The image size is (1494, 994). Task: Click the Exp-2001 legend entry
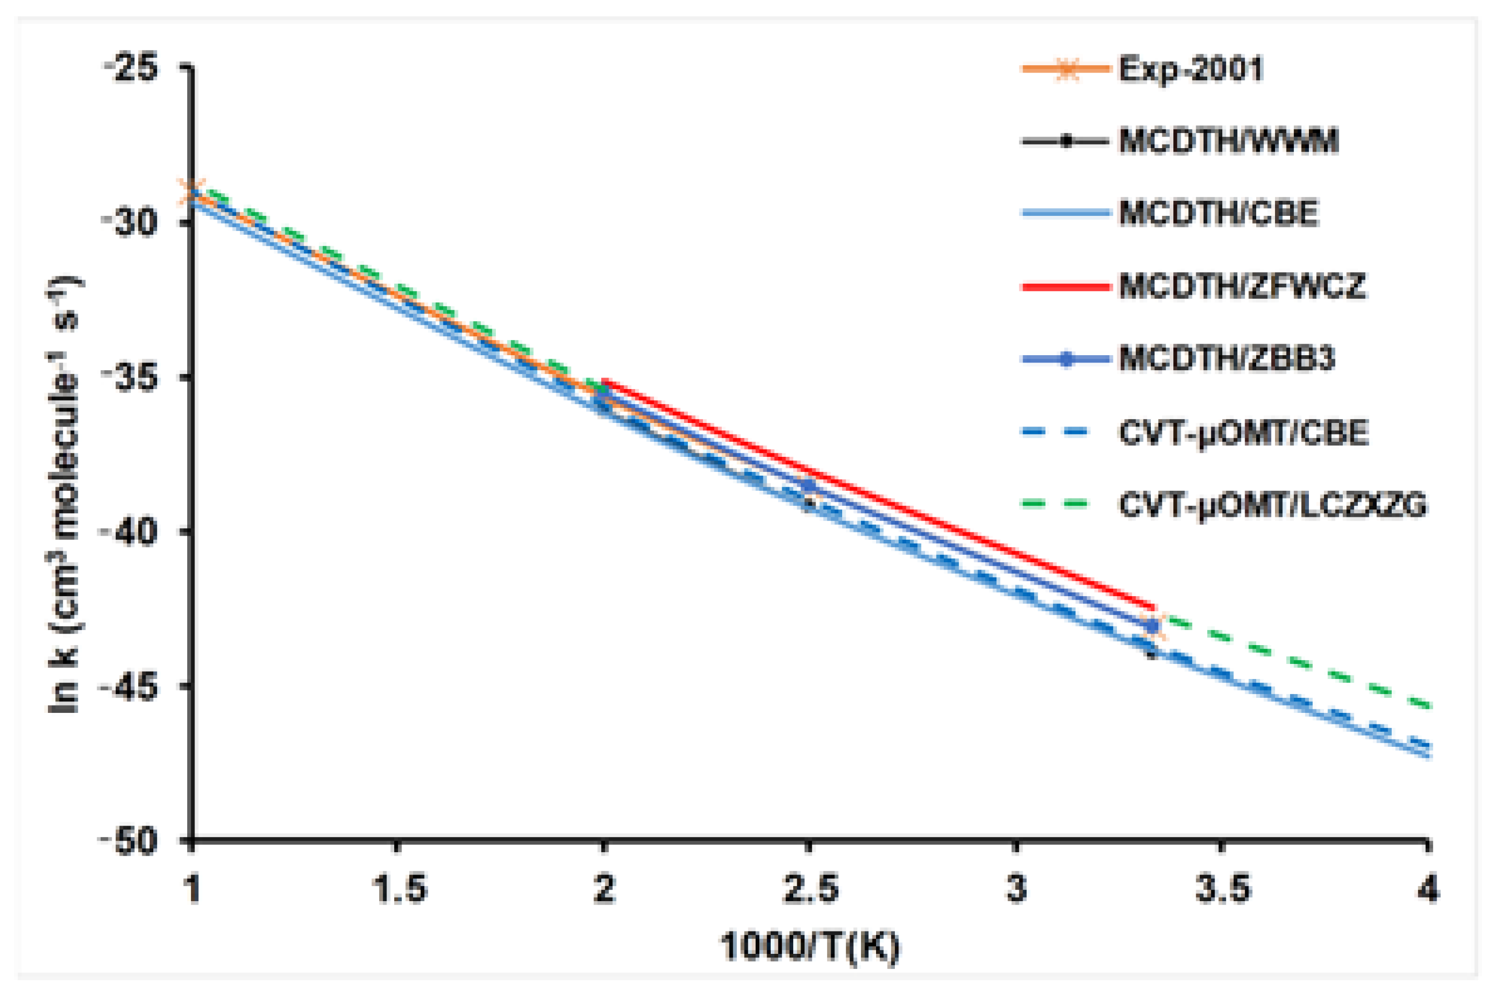pos(1190,68)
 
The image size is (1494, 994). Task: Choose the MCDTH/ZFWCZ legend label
pos(1242,286)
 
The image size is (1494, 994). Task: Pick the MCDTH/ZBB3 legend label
pos(1226,359)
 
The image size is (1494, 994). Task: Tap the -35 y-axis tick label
pos(131,377)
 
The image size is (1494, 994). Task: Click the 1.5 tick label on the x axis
pos(397,889)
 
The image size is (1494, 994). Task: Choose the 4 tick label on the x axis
pos(1427,889)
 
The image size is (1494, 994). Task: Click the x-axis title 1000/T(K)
pos(809,947)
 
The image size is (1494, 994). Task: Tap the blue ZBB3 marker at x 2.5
pos(809,485)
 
